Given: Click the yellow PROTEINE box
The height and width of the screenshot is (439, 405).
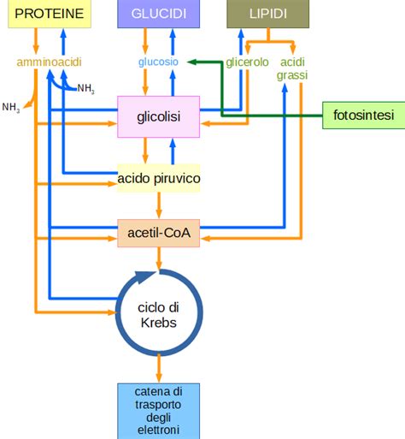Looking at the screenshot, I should coord(50,14).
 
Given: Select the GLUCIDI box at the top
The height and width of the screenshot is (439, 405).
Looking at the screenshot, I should coord(159,14).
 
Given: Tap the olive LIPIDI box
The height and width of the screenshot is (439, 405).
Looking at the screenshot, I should coord(268,14).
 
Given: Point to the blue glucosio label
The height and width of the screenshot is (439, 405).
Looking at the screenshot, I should coord(159,62).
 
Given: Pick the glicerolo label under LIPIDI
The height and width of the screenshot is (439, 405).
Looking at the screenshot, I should coord(248,62).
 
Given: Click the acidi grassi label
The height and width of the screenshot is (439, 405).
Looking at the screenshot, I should coord(292,68).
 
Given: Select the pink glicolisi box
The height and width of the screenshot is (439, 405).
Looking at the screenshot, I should coord(159,116).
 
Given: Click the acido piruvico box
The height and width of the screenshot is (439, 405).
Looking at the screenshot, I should coord(159,178).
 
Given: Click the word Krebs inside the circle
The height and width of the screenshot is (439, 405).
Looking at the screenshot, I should coord(158,321).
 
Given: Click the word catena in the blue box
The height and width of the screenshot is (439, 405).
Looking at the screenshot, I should coord(158,391).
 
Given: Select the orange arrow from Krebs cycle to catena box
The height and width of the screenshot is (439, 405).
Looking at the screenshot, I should coord(159,368).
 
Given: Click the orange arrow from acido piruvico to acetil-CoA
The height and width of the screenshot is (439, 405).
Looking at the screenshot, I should coord(159,205).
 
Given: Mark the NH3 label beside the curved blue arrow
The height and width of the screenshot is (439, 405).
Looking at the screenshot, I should coord(86,88).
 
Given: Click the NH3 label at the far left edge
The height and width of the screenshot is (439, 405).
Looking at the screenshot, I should coord(11,107).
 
